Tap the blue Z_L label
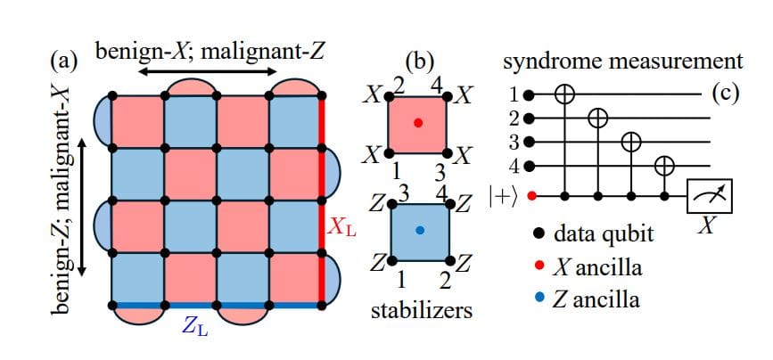pyautogui.click(x=195, y=325)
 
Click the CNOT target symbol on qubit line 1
pyautogui.click(x=563, y=93)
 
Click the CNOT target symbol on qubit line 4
pyautogui.click(x=664, y=165)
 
